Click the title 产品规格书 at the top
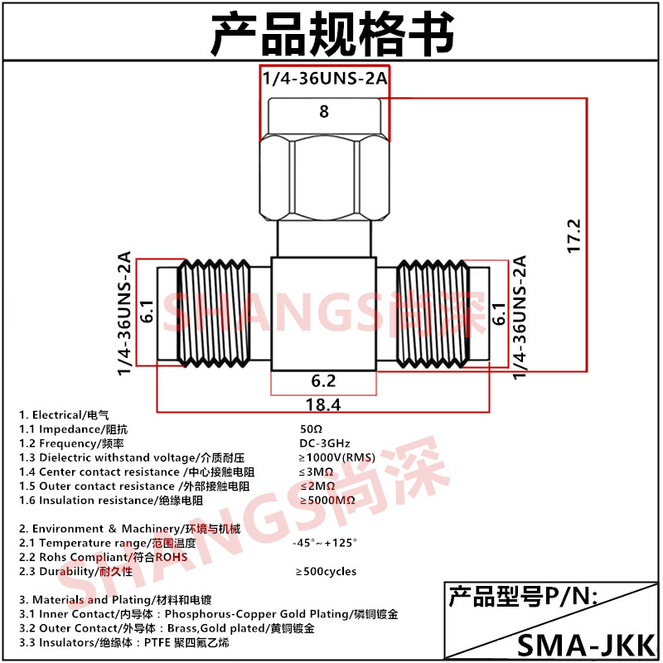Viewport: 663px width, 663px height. (x=331, y=33)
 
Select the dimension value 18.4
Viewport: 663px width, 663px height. (x=324, y=404)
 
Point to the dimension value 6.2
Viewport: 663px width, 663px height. (x=324, y=381)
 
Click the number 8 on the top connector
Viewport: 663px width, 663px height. (x=324, y=111)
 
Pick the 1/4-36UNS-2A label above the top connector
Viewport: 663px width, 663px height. (x=324, y=80)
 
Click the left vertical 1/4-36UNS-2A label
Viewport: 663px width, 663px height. (x=125, y=313)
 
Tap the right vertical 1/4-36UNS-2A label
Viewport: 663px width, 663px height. (x=520, y=317)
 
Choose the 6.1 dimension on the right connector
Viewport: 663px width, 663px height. (x=498, y=312)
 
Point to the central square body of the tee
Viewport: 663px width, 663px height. (x=324, y=315)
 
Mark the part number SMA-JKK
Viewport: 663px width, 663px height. (x=586, y=643)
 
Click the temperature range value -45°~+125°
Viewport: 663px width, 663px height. (x=324, y=543)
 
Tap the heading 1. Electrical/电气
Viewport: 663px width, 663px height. (x=65, y=414)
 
